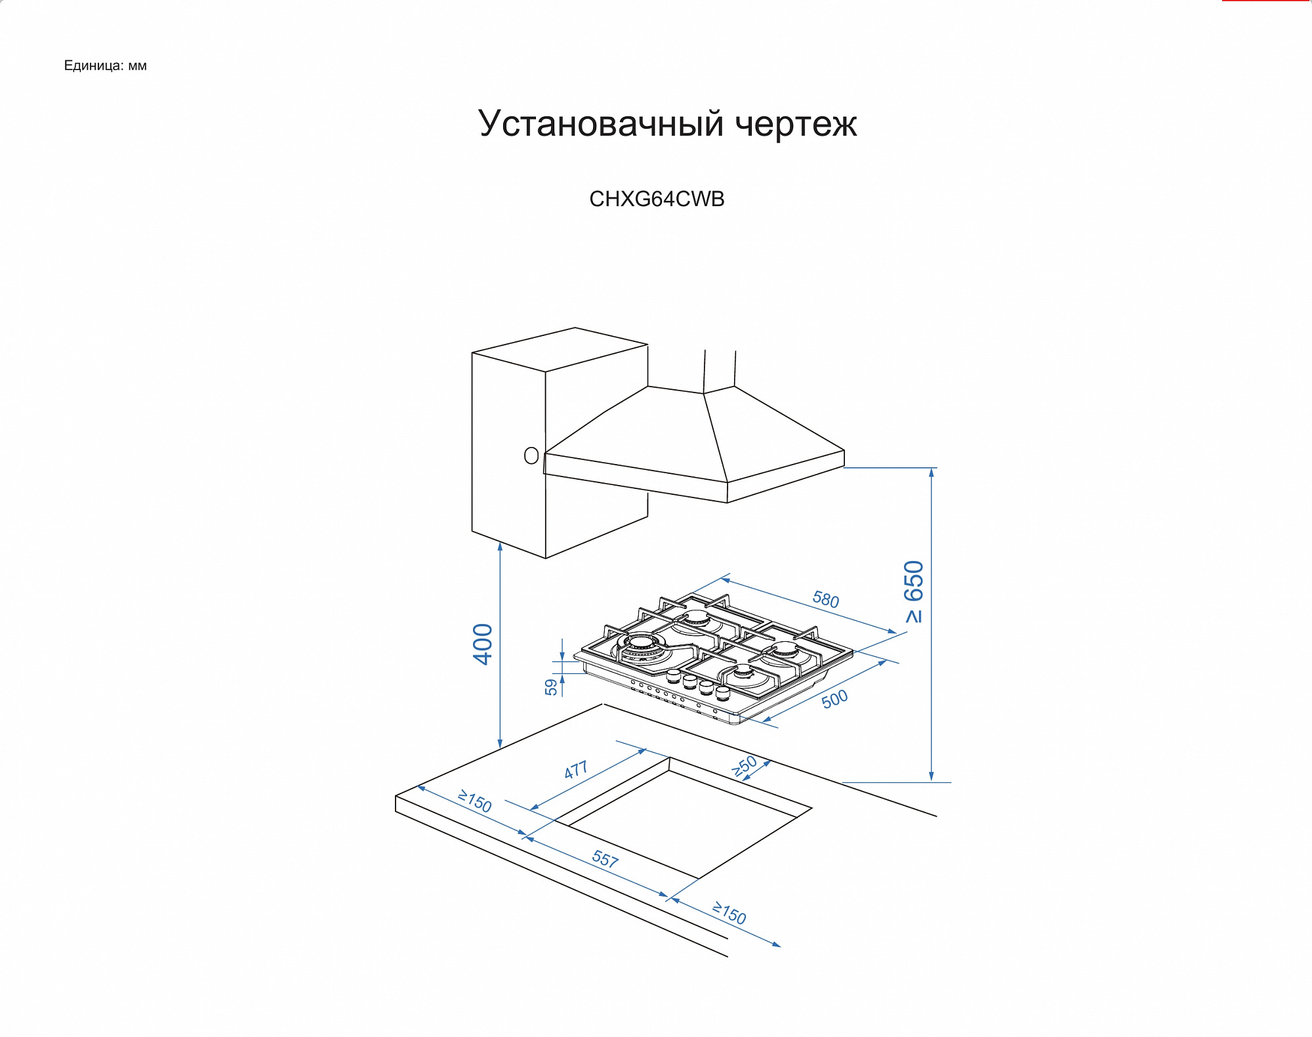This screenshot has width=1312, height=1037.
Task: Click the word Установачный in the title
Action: click(x=600, y=124)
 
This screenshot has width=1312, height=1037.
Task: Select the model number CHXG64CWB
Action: click(x=657, y=199)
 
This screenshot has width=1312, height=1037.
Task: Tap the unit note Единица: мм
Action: click(x=105, y=66)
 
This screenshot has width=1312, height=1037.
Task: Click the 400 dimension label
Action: click(x=483, y=644)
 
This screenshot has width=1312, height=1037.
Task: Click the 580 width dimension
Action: click(x=825, y=599)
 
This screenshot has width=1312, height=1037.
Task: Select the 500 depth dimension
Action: click(x=834, y=699)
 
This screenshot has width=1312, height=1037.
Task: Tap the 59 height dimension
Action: click(x=551, y=687)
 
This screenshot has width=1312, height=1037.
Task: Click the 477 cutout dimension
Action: click(x=576, y=769)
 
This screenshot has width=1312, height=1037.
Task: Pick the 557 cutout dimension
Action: click(x=605, y=858)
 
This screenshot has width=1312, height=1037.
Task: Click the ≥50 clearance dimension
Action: click(x=745, y=766)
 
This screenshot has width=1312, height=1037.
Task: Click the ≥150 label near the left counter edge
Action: click(x=475, y=801)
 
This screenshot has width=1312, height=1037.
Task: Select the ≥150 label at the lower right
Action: click(x=729, y=913)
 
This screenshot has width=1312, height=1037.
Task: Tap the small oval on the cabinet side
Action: click(x=531, y=455)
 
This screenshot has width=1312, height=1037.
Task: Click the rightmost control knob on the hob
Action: click(x=722, y=693)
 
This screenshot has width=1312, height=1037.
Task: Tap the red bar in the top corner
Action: click(x=1265, y=1)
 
